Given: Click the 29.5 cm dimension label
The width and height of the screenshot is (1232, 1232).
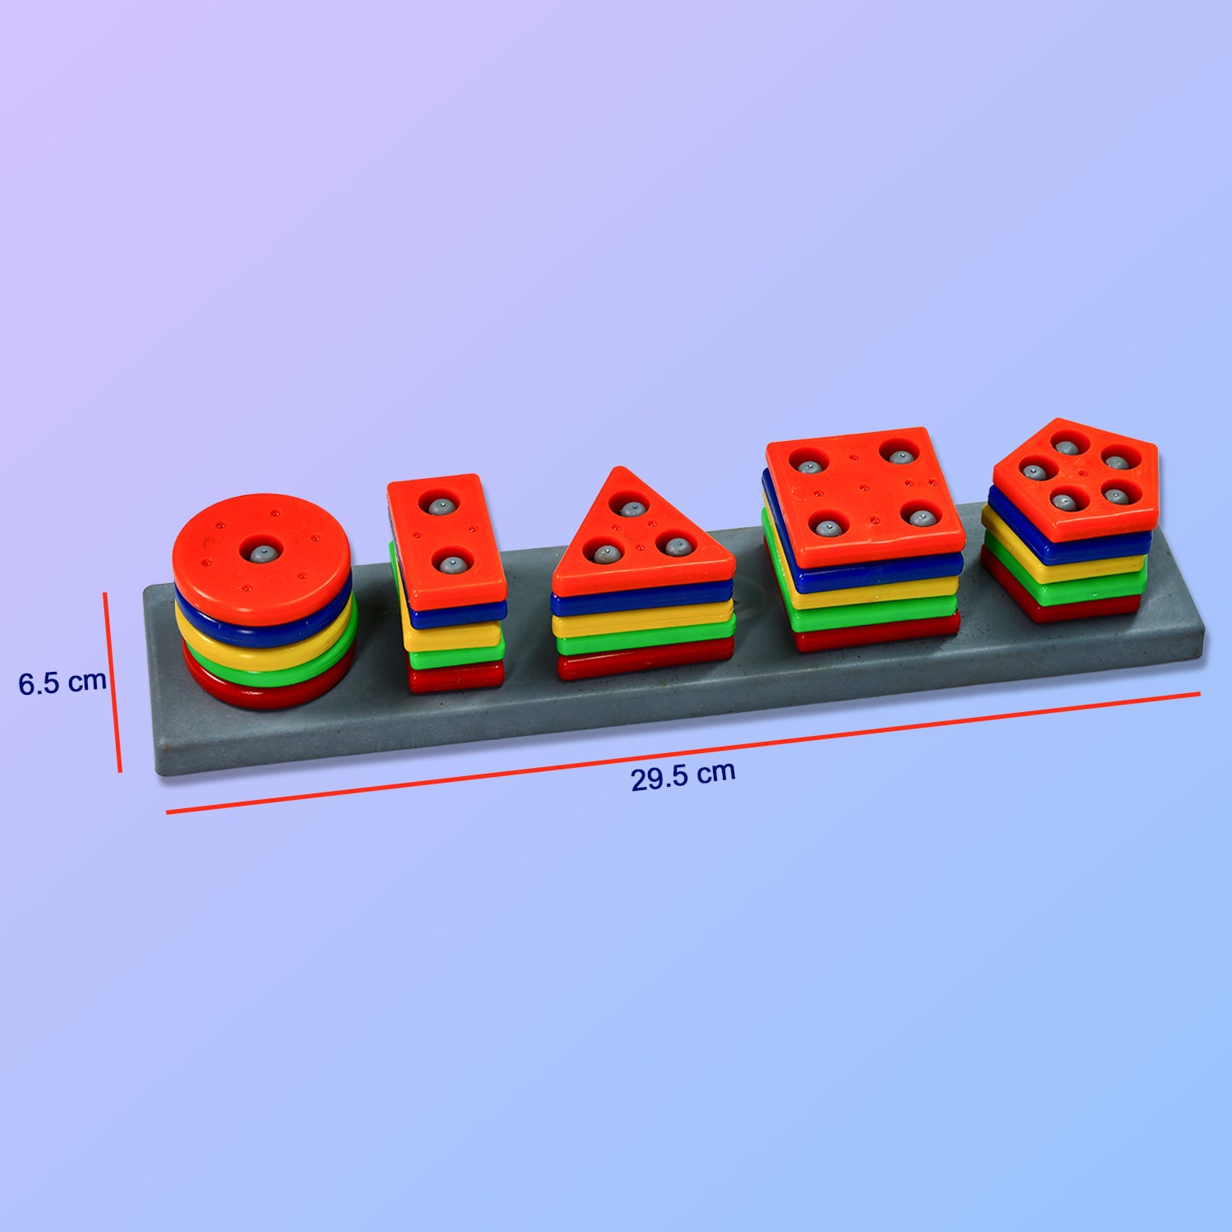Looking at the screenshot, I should (x=682, y=776).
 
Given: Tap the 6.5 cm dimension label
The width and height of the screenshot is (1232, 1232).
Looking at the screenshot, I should (x=62, y=682).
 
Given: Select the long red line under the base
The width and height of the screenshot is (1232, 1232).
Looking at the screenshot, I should (x=682, y=754).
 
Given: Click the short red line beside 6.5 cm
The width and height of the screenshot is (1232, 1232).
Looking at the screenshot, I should (x=113, y=682).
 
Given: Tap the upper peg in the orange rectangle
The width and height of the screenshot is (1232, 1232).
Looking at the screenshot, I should (x=442, y=506).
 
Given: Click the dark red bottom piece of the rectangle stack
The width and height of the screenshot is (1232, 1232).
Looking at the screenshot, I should (x=455, y=678).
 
